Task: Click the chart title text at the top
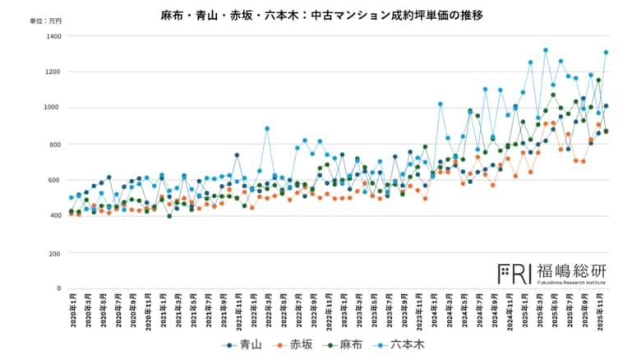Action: coord(321,14)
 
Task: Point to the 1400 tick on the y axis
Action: coord(53,36)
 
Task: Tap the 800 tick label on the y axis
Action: coord(54,145)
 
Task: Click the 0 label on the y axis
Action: coord(58,288)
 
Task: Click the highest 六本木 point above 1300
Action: coord(545,50)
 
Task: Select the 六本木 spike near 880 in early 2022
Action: coord(267,128)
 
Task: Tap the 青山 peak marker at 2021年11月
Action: coord(237,155)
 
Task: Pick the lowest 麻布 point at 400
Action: coord(169,216)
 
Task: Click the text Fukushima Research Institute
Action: coord(571,283)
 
